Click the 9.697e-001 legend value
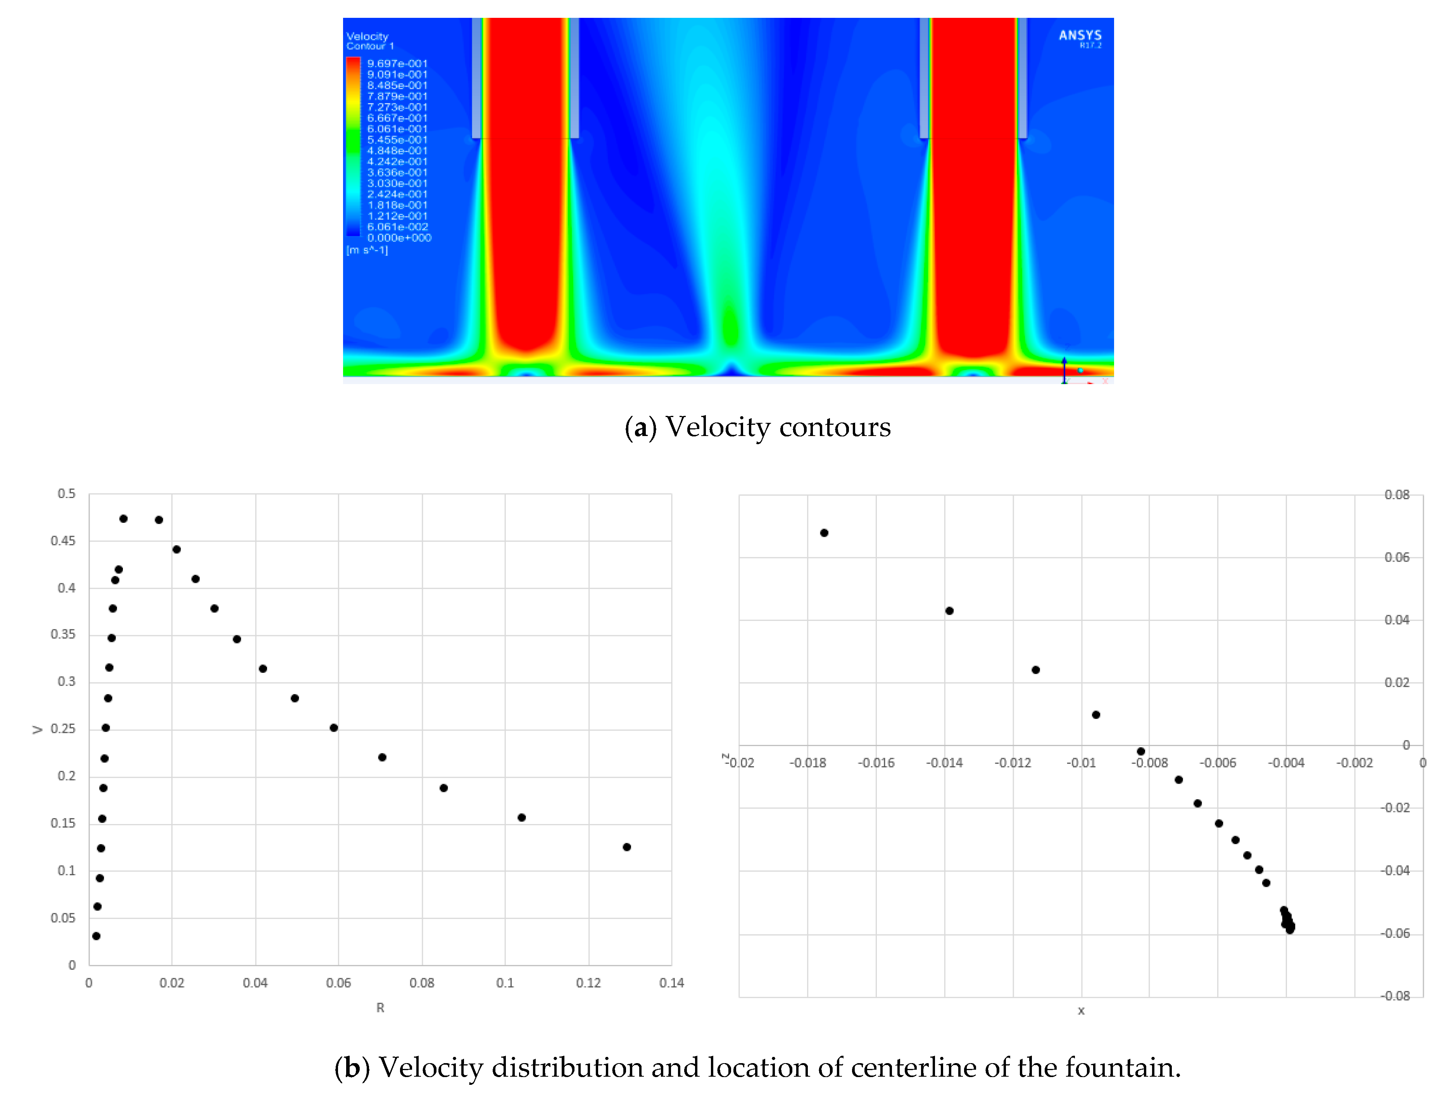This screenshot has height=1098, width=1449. (x=397, y=64)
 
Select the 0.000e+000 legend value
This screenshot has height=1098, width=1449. (x=399, y=238)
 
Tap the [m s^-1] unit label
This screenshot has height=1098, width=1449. (x=367, y=250)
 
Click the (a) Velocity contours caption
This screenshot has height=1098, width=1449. (x=757, y=427)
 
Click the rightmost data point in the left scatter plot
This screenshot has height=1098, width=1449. (x=626, y=847)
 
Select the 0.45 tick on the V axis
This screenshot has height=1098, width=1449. (x=63, y=541)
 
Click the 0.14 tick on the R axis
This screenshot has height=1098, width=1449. (x=671, y=983)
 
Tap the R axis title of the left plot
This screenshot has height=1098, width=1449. (x=380, y=1008)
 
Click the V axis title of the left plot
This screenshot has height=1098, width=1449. (x=37, y=729)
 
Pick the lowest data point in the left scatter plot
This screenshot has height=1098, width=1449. (x=96, y=936)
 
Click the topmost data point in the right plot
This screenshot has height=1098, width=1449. (x=824, y=533)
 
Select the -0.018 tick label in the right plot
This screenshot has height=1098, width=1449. (x=808, y=763)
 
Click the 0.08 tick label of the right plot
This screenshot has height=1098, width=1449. (x=1397, y=495)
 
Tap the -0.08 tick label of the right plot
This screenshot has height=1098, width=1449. (x=1395, y=996)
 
